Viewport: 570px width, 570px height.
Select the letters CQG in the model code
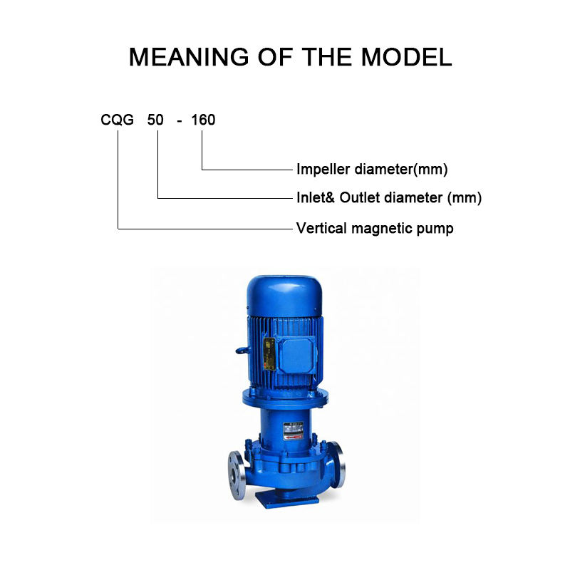117,120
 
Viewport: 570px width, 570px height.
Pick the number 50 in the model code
155,120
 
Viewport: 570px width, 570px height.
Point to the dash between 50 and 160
180,120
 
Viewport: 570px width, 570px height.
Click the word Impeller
321,170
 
